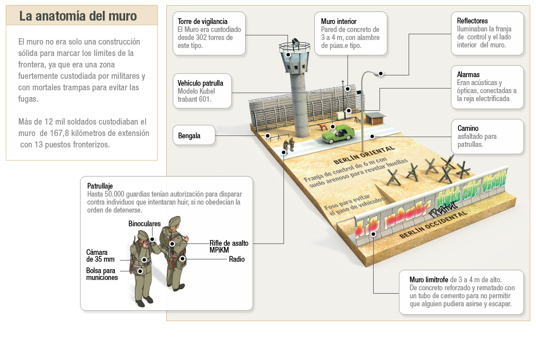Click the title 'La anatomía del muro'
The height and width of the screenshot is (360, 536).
coord(78,16)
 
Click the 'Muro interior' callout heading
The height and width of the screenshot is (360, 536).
coord(339,22)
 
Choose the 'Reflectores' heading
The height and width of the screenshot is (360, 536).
coord(473,21)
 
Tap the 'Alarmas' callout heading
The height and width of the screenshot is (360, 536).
coord(469,75)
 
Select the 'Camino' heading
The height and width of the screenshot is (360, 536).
coord(468,129)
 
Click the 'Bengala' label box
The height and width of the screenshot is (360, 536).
coord(189,136)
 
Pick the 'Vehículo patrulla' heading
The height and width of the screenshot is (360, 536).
coord(201,83)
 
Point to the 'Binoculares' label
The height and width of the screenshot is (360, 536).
coord(145,223)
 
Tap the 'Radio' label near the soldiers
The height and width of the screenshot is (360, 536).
coord(237,259)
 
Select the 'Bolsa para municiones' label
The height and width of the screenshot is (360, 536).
coord(102,274)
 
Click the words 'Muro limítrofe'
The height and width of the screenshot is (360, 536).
coord(429,280)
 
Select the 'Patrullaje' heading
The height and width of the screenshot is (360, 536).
coord(100,186)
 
